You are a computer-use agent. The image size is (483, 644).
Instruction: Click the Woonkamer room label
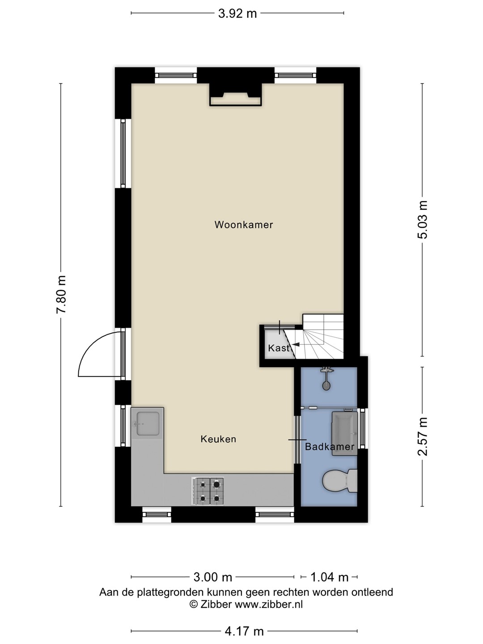coord(244,225)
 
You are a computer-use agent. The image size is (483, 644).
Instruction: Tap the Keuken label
coord(218,439)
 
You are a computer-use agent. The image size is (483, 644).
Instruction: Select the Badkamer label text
coord(330,446)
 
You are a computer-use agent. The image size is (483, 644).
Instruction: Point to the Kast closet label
coord(279,348)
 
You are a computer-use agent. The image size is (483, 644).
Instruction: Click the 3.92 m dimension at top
coord(237,13)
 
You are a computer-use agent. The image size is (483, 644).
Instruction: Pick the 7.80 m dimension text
coord(61,295)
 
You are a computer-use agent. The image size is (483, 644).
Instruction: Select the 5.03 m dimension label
coord(422,220)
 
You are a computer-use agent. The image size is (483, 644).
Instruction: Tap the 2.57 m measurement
coord(422,436)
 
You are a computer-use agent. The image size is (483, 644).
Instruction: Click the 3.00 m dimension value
coord(212,577)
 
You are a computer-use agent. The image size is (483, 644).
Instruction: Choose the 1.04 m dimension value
coord(329,577)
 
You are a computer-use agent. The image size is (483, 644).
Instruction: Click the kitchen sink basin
coord(148,424)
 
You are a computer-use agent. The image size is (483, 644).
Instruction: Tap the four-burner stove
coord(208,491)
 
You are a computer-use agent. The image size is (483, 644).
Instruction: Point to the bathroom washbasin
coord(344,433)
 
